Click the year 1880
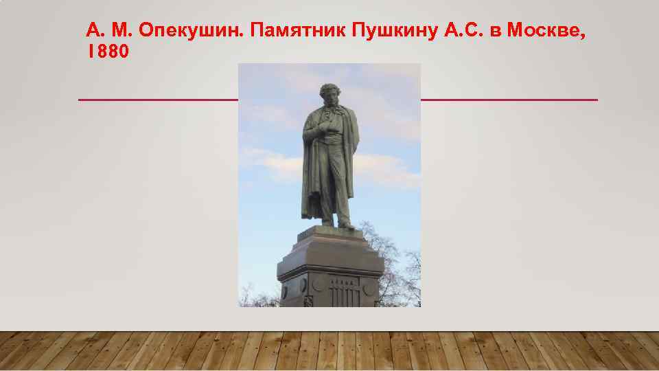108,52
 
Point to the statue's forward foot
345,224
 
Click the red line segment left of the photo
158,100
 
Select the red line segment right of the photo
509,100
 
